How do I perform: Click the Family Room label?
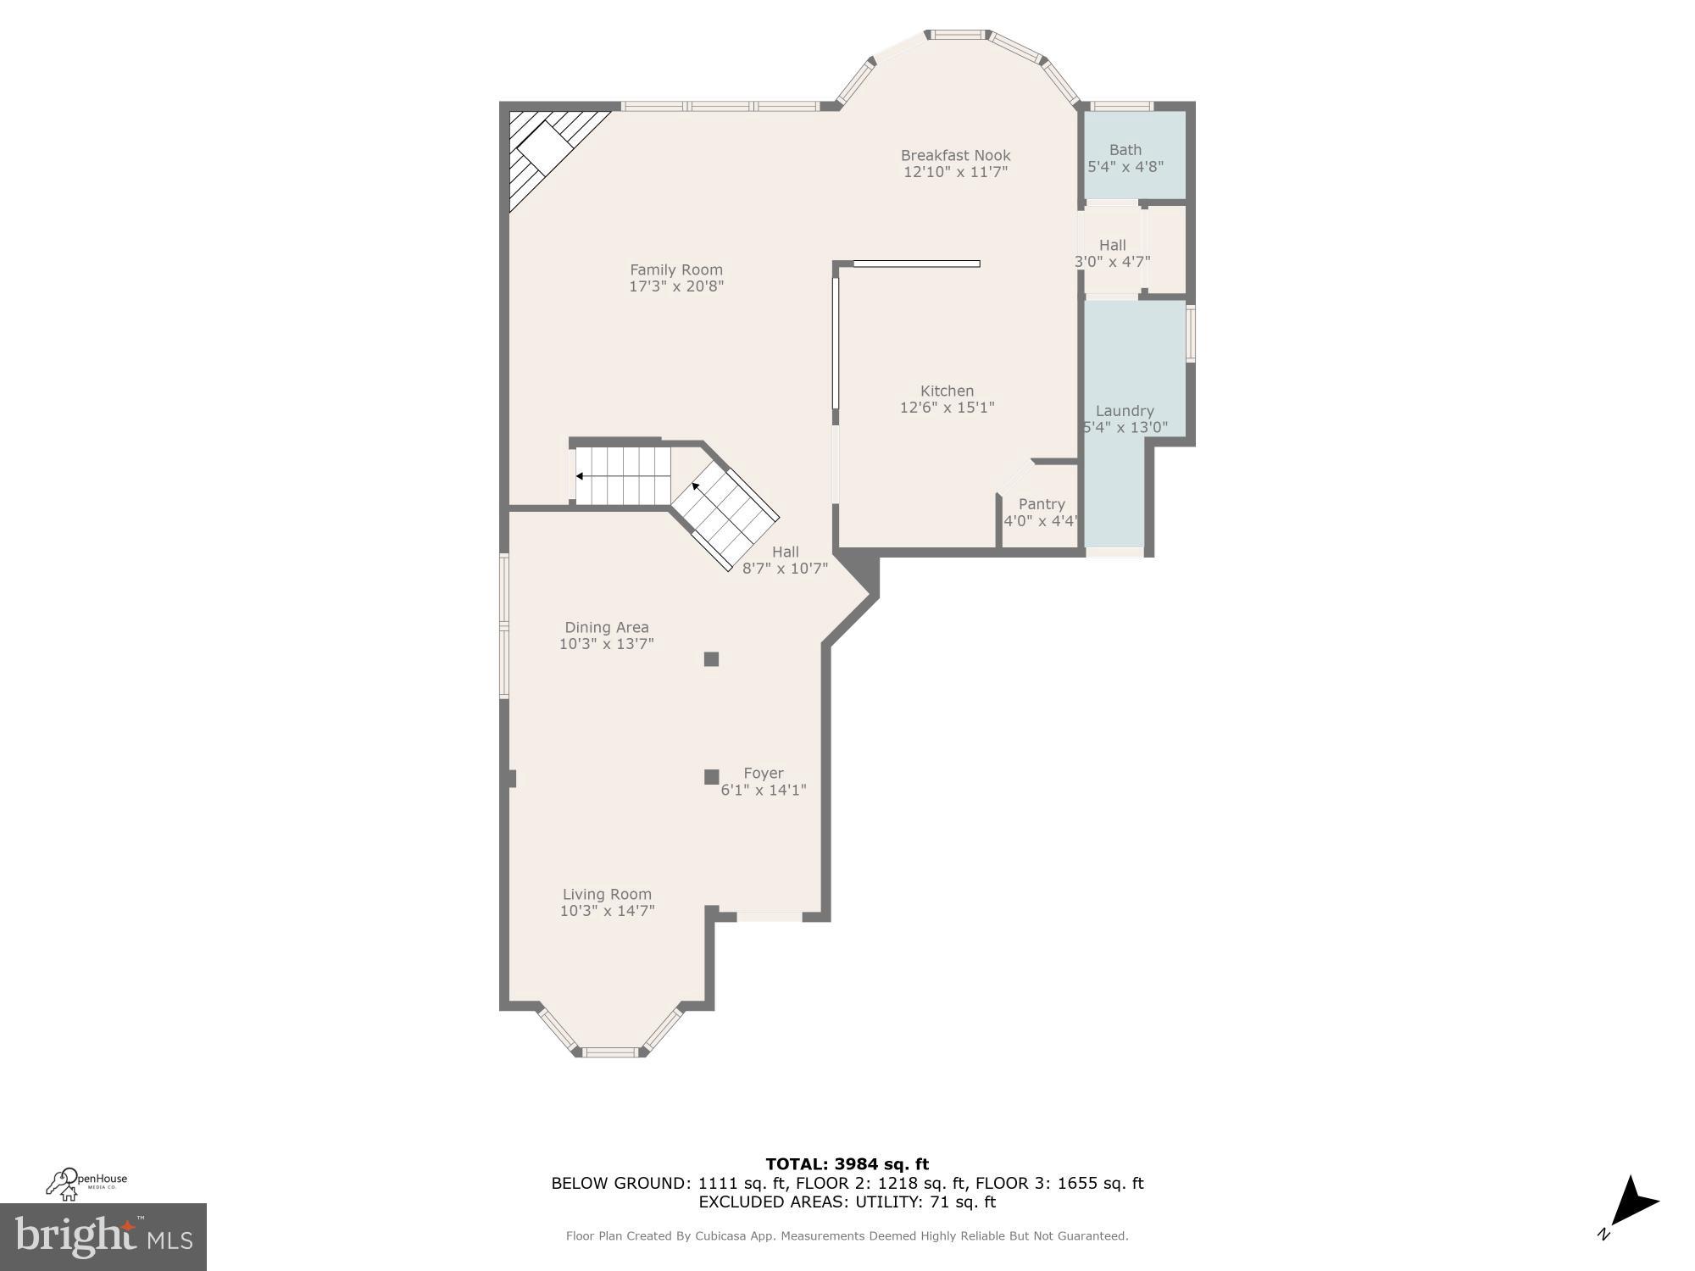coord(675,269)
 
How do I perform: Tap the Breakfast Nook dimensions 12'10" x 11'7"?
coord(955,172)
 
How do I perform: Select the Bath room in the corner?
coord(1134,158)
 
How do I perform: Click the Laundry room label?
coord(1125,411)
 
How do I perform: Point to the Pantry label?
coord(1042,504)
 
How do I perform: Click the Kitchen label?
coord(947,391)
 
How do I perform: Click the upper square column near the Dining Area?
coord(711,659)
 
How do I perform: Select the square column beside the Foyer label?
coord(711,777)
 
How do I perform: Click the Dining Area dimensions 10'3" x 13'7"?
coord(606,644)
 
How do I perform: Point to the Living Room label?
coord(607,894)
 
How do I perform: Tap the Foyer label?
coord(763,773)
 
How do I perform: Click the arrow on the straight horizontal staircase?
coord(579,476)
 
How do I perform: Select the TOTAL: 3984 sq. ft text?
coord(847,1164)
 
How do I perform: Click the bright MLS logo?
coord(103,1237)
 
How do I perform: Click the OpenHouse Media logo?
coord(86,1183)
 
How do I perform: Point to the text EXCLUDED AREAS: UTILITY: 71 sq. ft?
coord(847,1202)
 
